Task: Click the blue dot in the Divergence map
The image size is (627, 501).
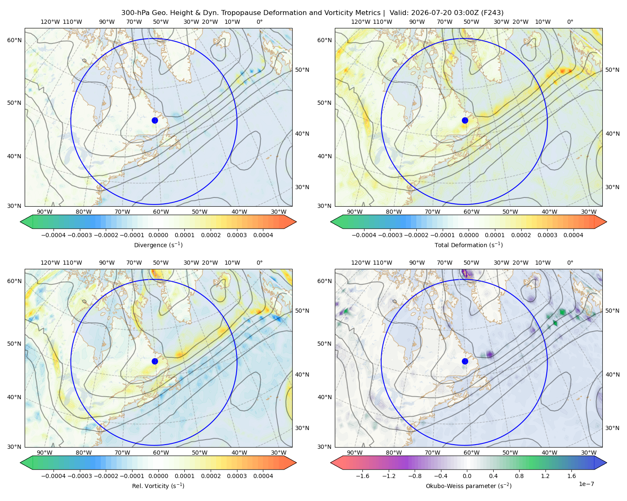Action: tap(155, 120)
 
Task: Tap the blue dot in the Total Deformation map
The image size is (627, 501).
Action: tap(465, 120)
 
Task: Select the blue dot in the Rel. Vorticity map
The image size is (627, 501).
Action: tap(155, 361)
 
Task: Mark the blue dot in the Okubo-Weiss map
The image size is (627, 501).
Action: tap(465, 361)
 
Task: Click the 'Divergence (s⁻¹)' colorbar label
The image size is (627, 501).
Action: tap(158, 245)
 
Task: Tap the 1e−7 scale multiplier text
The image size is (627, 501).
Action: tap(586, 484)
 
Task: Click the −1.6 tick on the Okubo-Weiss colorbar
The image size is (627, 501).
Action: tap(362, 476)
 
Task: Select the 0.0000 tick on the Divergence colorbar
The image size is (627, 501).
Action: tap(158, 235)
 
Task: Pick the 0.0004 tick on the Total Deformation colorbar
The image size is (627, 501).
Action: tap(573, 235)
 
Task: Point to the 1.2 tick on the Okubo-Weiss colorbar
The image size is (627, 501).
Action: tap(545, 476)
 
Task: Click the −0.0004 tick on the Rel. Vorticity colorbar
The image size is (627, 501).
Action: tap(54, 476)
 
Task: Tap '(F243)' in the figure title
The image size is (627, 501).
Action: tap(492, 13)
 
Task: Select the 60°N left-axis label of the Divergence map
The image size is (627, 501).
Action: tap(14, 40)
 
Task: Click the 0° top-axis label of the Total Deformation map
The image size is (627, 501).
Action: tap(570, 22)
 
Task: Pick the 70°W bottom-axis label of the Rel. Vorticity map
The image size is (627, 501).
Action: tap(122, 453)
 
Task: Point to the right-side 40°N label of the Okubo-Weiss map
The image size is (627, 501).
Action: tap(612, 374)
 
